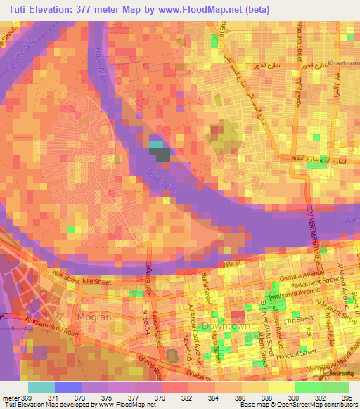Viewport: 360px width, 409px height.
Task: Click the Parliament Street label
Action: click(316, 283)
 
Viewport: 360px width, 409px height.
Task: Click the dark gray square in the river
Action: click(162, 154)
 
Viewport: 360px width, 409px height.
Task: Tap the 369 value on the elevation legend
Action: click(25, 397)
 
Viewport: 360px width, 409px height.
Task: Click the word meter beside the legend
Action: click(10, 397)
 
